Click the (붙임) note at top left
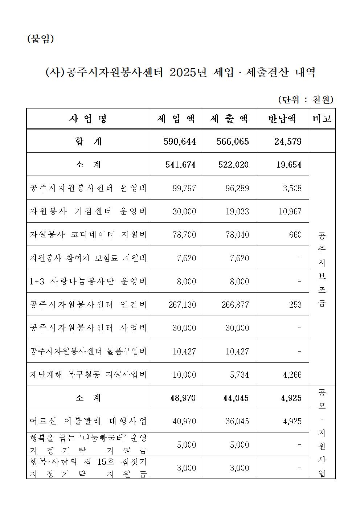click(x=41, y=39)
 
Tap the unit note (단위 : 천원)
click(x=306, y=99)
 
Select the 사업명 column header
click(x=88, y=119)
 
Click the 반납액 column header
click(x=282, y=119)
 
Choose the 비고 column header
click(x=322, y=119)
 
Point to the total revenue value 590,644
click(x=180, y=141)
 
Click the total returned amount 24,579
click(x=288, y=141)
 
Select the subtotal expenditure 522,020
click(x=232, y=165)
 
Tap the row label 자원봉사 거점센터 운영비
click(x=88, y=212)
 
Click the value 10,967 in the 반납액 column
click(x=290, y=212)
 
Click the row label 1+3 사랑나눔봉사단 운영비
click(x=88, y=281)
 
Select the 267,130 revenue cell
click(x=182, y=304)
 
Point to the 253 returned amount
click(x=295, y=304)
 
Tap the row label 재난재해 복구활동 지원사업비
click(x=88, y=374)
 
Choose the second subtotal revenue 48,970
click(x=183, y=398)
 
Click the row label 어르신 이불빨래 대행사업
click(x=88, y=421)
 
